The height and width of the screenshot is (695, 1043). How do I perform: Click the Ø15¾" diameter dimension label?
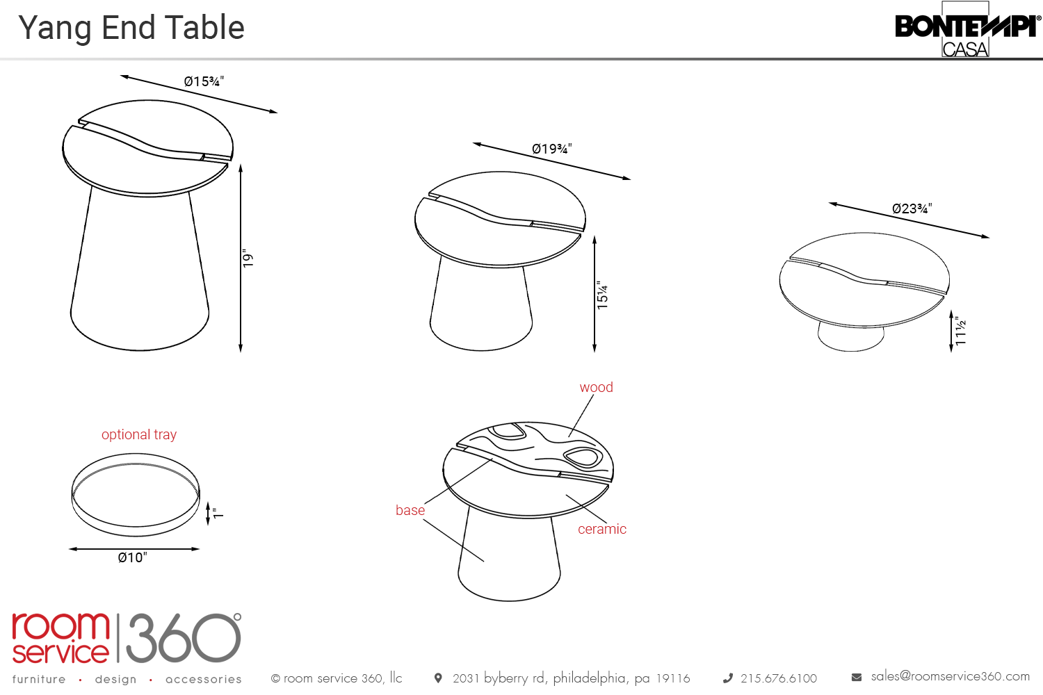(x=204, y=81)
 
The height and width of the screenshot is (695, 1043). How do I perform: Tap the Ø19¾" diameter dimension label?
(x=552, y=149)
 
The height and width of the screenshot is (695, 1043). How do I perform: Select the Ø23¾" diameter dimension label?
(x=912, y=208)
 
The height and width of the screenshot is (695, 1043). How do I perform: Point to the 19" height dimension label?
(x=248, y=259)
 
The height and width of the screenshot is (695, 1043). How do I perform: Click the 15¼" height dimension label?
(x=602, y=295)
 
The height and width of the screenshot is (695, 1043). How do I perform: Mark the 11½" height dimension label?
(x=960, y=331)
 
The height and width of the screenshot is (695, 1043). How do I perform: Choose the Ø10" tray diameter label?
(x=133, y=557)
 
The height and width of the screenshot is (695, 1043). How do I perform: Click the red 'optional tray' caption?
(x=139, y=434)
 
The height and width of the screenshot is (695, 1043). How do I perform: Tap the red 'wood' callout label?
(x=596, y=387)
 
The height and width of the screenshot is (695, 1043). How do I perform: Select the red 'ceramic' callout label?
(x=602, y=529)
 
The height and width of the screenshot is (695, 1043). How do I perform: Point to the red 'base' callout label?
(x=410, y=510)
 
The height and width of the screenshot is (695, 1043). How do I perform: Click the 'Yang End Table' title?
(x=131, y=28)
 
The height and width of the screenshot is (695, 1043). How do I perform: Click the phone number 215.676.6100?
(x=779, y=678)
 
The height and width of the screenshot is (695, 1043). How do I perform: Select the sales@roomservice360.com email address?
(x=951, y=676)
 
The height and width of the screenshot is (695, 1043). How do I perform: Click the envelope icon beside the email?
(x=856, y=678)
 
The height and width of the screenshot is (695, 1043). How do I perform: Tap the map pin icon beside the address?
(x=437, y=678)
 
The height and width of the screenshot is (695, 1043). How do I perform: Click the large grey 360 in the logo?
(x=184, y=638)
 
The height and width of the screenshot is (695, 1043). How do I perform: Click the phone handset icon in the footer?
(x=728, y=678)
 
